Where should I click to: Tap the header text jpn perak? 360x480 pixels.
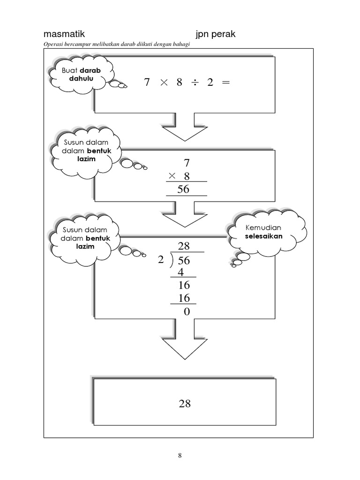click(x=216, y=35)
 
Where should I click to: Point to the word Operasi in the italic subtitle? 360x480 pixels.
click(x=53, y=44)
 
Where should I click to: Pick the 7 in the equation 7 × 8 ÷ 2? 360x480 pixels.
click(x=147, y=82)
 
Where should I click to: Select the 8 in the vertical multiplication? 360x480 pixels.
click(x=187, y=176)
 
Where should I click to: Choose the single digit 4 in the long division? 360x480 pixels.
click(x=180, y=272)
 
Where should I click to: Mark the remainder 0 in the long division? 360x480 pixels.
click(x=187, y=311)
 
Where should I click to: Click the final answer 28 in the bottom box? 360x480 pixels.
click(x=185, y=404)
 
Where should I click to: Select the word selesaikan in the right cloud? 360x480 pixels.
click(x=263, y=236)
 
